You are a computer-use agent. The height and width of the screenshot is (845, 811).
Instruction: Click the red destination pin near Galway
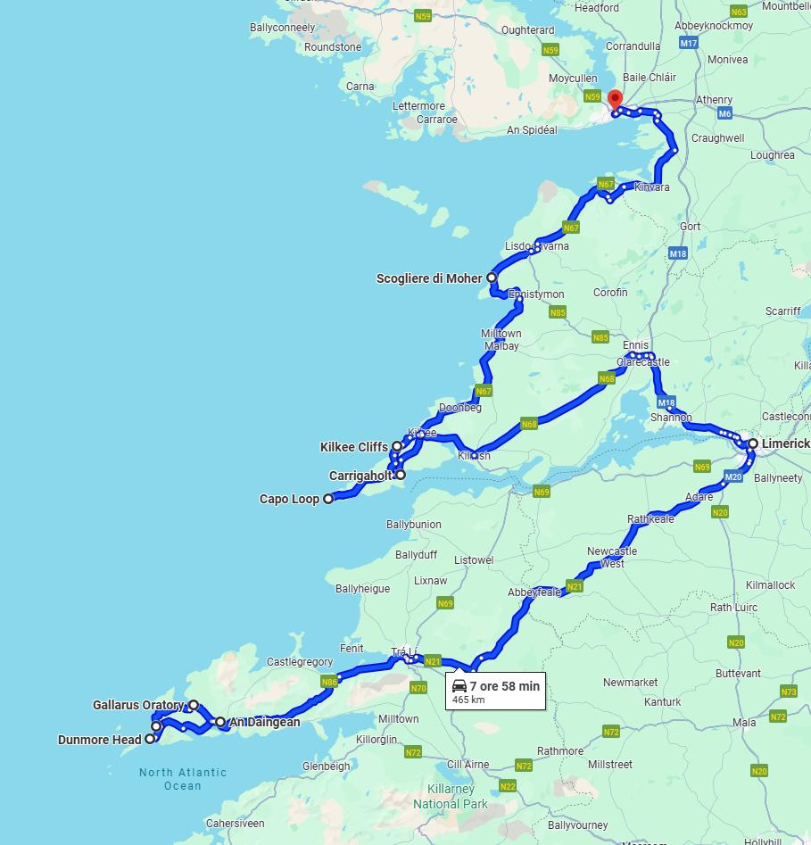point(615,99)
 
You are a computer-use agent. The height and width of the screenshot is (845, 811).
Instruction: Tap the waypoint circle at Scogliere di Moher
point(492,278)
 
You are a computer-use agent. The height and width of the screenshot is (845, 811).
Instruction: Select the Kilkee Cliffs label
point(353,447)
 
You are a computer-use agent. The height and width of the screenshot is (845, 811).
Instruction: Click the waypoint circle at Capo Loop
point(328,499)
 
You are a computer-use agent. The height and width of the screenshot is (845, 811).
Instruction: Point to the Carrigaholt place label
point(360,476)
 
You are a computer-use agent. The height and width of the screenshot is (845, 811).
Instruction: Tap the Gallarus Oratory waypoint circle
point(194,705)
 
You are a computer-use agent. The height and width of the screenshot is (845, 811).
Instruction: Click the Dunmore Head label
point(99,740)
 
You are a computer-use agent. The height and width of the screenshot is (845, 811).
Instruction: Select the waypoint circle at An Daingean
point(220,722)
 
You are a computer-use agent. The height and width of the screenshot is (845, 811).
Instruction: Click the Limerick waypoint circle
point(753,443)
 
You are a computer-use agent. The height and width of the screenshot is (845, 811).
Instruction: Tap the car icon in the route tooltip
point(459,685)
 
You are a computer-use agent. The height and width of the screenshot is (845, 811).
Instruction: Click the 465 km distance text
point(468,700)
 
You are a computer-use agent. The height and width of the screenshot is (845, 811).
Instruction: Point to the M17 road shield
point(688,43)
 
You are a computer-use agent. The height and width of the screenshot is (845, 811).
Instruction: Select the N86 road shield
point(329,682)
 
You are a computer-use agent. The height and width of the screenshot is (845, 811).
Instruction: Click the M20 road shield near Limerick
point(733,477)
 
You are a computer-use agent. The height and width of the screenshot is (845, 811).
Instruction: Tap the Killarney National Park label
point(451,797)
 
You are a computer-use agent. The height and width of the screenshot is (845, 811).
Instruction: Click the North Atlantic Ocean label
point(183,779)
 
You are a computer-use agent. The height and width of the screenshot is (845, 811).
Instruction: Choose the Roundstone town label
point(333,47)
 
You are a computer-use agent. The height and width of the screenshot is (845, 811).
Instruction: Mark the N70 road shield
point(418,688)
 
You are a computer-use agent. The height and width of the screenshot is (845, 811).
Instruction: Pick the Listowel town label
point(474,560)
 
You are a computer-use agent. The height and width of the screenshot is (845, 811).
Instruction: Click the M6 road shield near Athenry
point(724,114)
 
